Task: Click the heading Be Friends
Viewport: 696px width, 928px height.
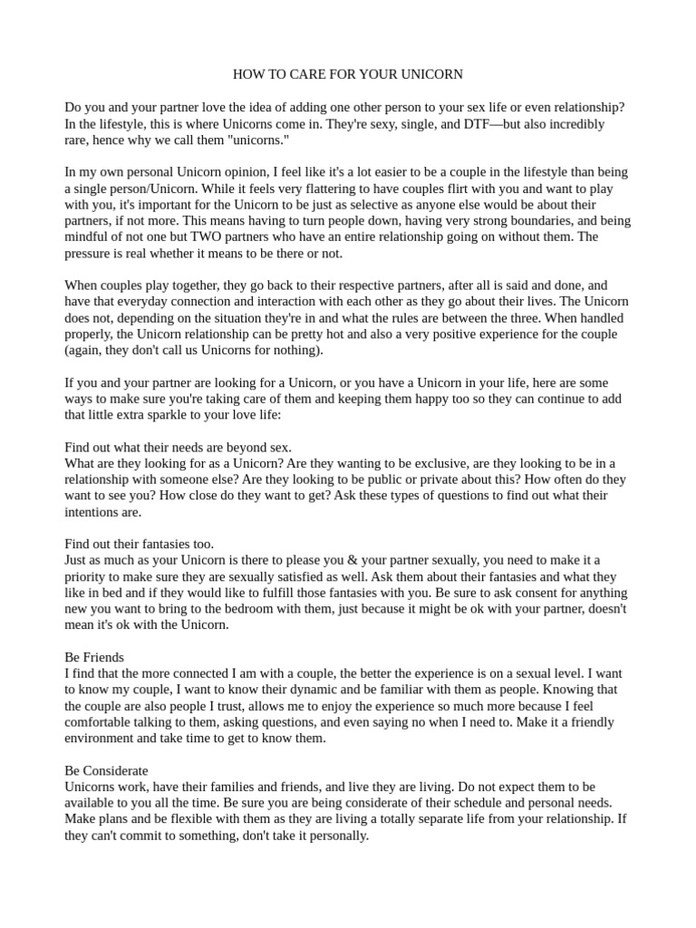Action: [94, 657]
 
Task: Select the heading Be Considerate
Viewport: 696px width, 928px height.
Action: [106, 770]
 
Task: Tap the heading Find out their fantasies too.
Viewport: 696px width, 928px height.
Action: [139, 544]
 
